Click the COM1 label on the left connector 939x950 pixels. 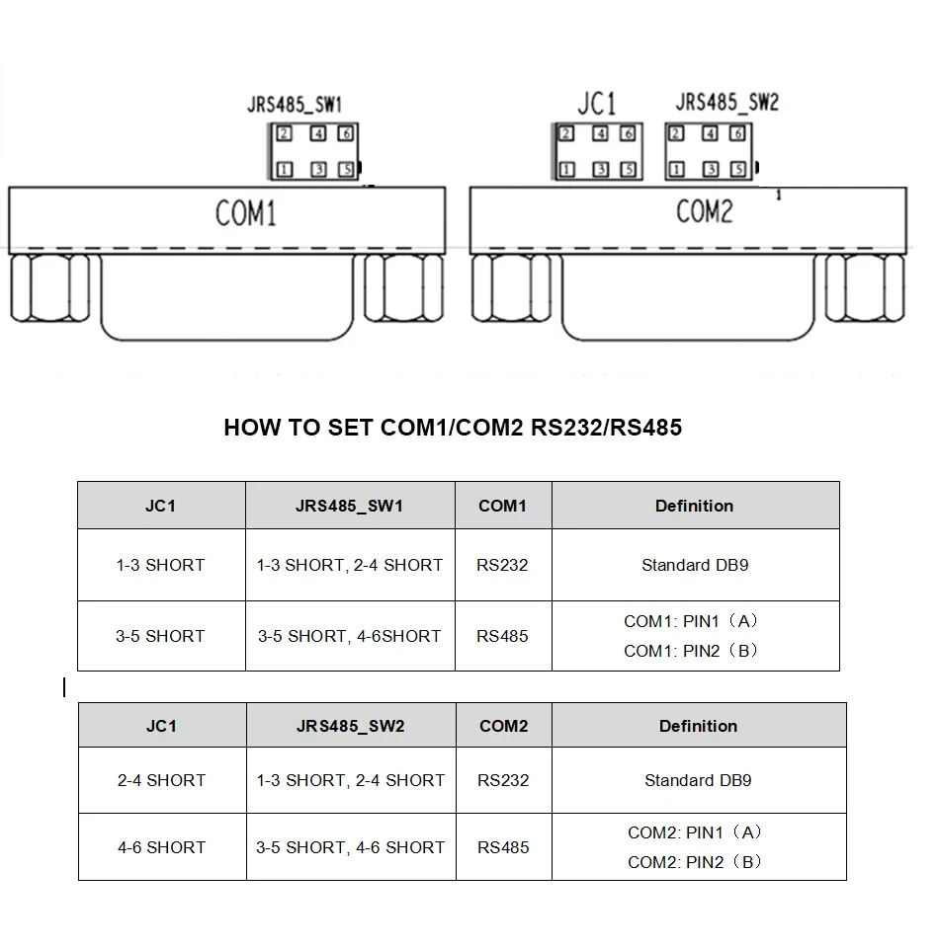pos(245,213)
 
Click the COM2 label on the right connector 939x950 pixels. pos(704,211)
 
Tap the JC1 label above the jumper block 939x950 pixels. pos(596,103)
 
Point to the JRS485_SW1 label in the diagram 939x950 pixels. pos(295,104)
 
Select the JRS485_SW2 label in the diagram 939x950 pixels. pos(726,102)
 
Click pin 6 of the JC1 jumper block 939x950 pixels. pos(628,134)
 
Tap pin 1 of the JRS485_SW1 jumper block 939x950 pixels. pos(285,170)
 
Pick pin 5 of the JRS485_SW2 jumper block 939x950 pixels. pos(736,169)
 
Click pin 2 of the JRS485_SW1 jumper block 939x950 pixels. pos(285,134)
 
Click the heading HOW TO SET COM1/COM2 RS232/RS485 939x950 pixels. pos(453,428)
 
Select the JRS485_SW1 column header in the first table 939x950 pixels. pos(349,506)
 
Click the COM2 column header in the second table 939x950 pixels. pos(503,726)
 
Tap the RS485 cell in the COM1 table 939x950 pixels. pos(502,636)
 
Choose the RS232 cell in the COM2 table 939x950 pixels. pos(503,780)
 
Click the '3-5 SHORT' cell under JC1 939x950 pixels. pos(160,636)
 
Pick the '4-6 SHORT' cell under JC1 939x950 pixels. pos(161,847)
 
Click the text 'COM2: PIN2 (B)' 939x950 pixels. pos(695,862)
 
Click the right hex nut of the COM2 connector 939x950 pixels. pos(866,288)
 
